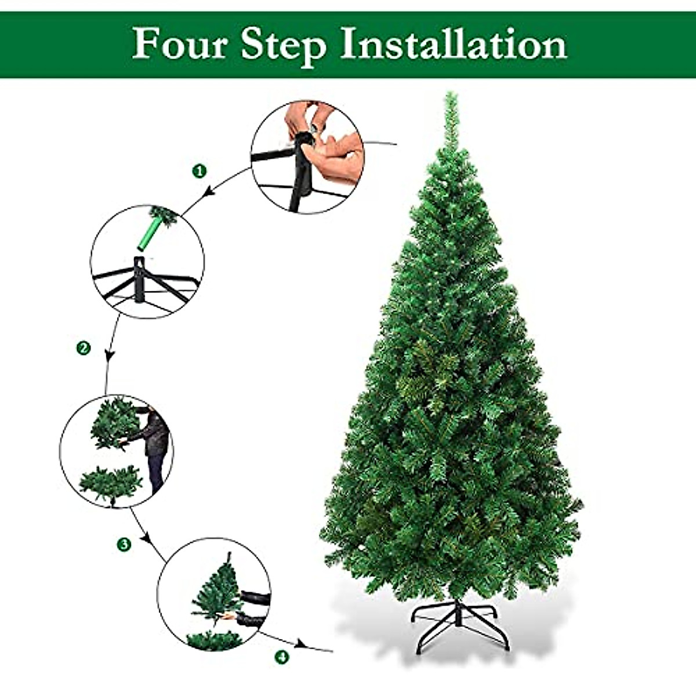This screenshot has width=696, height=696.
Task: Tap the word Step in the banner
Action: click(283, 45)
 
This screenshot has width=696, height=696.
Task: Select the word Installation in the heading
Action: click(453, 45)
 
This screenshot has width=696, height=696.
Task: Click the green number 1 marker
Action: click(200, 171)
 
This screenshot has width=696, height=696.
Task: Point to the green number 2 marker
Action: click(84, 348)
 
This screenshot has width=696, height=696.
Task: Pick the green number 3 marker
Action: click(124, 544)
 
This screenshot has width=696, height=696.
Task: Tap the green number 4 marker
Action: click(282, 657)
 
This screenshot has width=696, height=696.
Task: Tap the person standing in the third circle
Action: click(154, 447)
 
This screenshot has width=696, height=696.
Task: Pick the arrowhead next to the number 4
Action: click(300, 644)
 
